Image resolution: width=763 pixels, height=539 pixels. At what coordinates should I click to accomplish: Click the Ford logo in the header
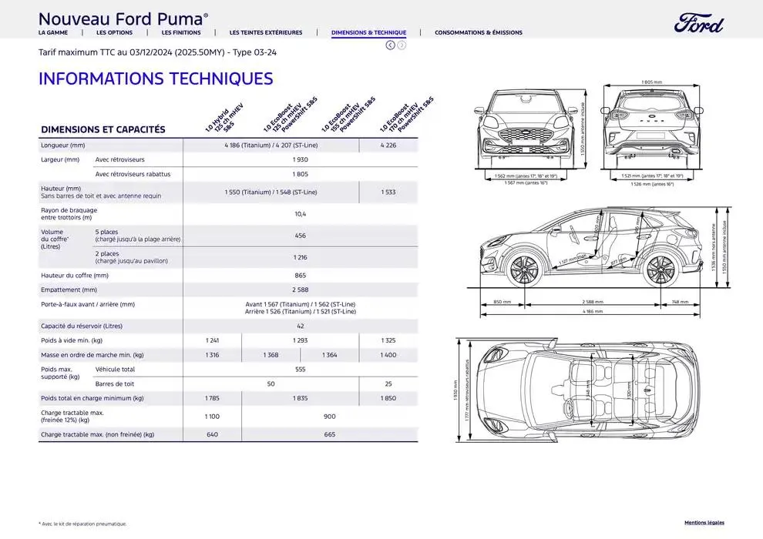click(698, 24)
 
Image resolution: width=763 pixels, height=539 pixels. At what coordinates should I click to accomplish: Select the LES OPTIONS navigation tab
click(114, 33)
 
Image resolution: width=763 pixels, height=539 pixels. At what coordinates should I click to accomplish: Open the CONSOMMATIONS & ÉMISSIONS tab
click(478, 33)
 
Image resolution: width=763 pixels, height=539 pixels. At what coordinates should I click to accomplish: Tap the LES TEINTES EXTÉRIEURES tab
click(266, 33)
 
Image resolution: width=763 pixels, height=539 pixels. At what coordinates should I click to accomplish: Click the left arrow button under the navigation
click(390, 45)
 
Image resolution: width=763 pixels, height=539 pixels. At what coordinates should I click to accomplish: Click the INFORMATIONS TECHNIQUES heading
click(156, 79)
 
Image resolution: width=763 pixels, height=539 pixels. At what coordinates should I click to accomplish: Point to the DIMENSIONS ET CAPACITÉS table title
click(103, 130)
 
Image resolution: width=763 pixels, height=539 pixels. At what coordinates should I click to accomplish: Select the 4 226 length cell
click(388, 145)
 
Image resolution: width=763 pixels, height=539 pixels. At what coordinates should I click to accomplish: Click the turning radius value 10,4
click(300, 214)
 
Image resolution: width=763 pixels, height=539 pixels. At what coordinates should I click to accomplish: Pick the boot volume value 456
click(300, 236)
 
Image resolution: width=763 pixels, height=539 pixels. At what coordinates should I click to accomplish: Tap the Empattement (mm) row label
click(69, 290)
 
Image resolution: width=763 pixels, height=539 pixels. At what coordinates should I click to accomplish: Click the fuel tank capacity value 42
click(300, 326)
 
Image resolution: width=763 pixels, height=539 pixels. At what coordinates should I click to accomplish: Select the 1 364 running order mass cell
click(329, 355)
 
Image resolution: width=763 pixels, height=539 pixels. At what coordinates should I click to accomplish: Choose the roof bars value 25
click(388, 383)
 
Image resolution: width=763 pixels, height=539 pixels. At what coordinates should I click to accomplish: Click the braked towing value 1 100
click(212, 416)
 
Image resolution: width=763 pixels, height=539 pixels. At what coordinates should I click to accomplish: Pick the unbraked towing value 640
click(212, 434)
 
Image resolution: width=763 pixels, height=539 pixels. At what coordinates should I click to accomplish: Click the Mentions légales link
click(704, 523)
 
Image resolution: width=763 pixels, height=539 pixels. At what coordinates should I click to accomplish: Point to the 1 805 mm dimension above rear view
click(651, 82)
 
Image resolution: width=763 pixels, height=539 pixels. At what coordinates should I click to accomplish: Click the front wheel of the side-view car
click(525, 269)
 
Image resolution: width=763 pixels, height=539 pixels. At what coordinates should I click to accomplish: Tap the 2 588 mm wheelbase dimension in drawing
click(592, 302)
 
